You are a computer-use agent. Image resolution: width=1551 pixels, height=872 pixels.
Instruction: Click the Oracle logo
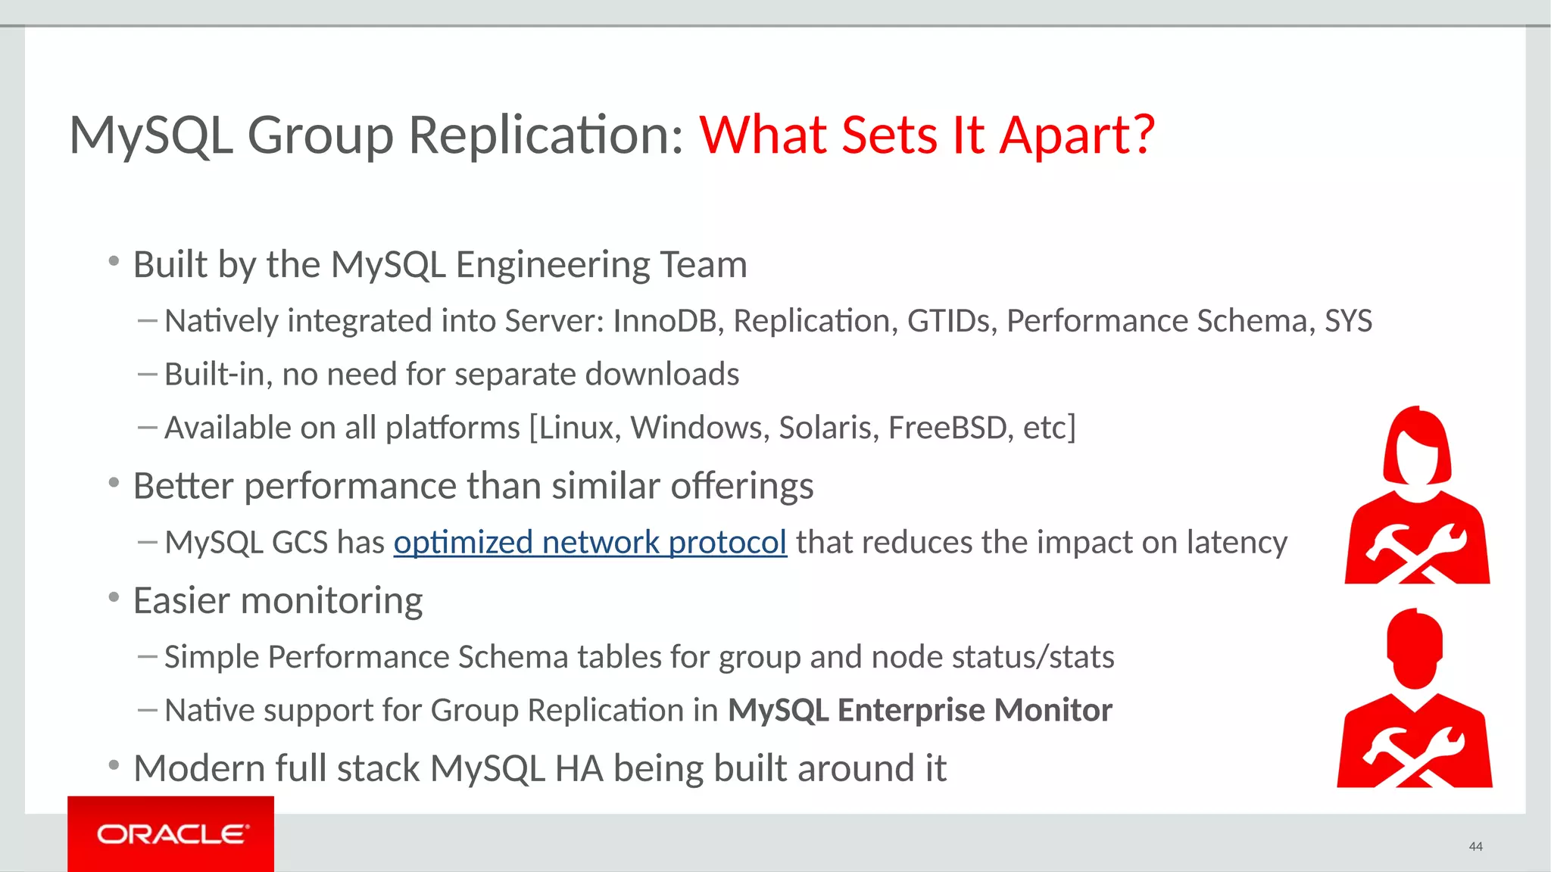click(171, 834)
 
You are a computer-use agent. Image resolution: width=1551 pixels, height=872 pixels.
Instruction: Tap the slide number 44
click(1475, 846)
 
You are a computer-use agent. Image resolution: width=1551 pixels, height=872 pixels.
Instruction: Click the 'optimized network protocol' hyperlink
click(590, 543)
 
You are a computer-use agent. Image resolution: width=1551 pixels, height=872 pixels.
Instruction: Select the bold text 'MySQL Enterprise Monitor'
click(919, 710)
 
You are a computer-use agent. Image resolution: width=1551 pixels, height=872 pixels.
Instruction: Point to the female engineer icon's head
click(1417, 447)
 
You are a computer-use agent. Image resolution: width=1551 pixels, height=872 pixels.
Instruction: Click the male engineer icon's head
click(1415, 648)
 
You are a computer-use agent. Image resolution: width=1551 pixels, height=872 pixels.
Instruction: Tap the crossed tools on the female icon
click(1415, 553)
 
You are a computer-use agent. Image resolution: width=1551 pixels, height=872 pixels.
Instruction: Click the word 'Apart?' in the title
click(1077, 136)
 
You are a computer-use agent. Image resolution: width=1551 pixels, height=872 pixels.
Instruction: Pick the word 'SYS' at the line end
click(1348, 321)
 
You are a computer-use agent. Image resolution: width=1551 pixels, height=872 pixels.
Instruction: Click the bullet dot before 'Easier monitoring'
click(114, 598)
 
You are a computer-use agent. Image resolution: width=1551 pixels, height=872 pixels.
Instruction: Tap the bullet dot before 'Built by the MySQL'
click(114, 262)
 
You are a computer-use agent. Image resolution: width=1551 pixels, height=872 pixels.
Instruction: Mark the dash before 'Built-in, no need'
click(147, 373)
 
